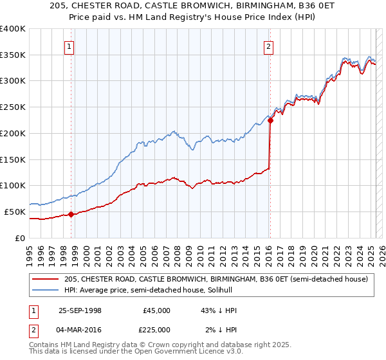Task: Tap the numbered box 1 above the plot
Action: pos(69,46)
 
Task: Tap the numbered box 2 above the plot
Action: pos(268,46)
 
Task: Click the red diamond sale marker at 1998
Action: pos(71,215)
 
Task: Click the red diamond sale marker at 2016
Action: pos(270,120)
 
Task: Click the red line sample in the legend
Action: pos(46,279)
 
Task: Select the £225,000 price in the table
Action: pos(157,330)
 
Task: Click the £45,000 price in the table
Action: pos(157,310)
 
